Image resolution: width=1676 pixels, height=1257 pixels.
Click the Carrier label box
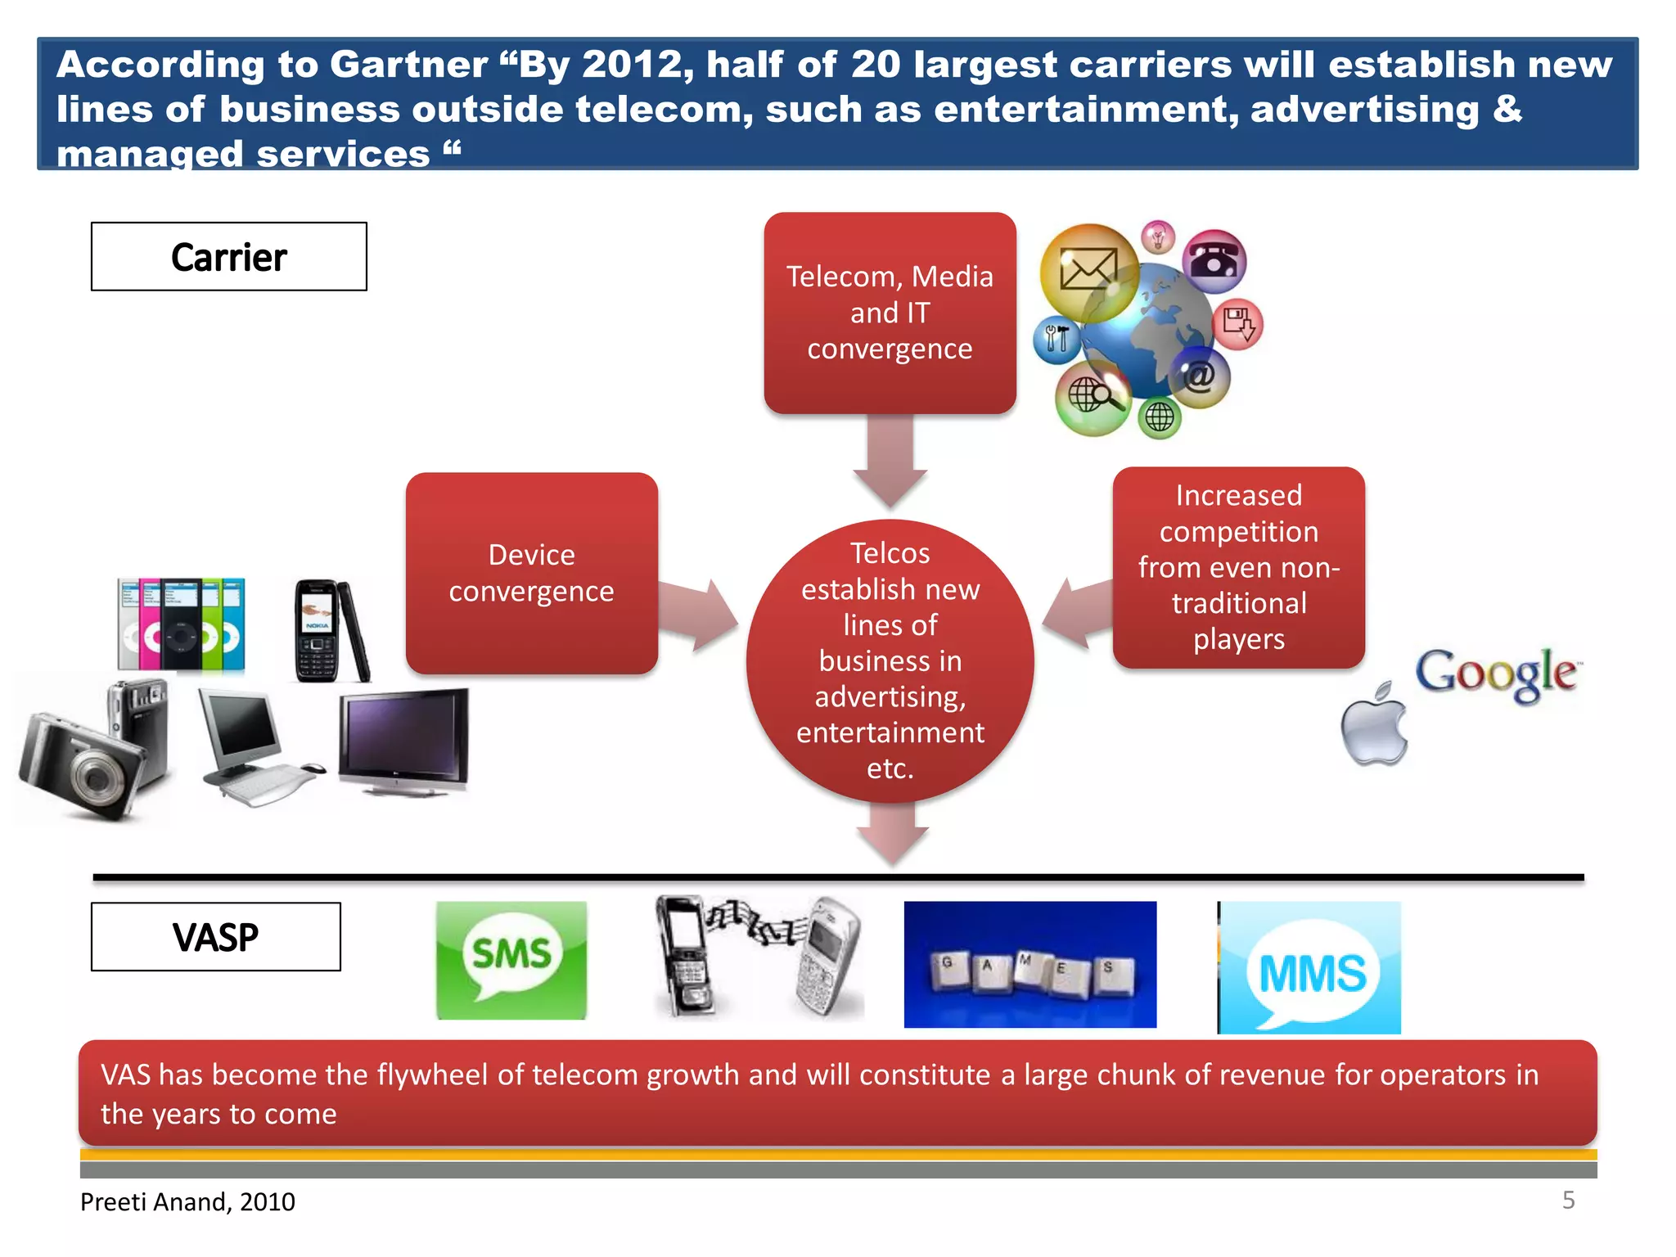point(228,256)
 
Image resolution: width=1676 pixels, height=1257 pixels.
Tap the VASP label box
point(215,936)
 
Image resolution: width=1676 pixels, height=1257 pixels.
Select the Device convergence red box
point(531,573)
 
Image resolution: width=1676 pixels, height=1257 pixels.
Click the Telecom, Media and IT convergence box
point(890,313)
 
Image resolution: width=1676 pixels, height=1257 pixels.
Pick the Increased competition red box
point(1238,567)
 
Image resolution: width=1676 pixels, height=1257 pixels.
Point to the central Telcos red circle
point(890,660)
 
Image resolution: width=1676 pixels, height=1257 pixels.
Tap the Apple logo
point(1374,724)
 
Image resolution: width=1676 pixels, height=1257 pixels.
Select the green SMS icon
point(511,960)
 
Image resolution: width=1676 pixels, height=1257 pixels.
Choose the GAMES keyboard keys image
point(1029,965)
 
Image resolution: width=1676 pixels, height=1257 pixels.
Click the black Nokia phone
point(319,630)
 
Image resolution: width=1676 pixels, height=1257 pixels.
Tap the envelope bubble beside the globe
point(1088,271)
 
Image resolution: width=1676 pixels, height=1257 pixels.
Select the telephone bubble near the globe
point(1214,261)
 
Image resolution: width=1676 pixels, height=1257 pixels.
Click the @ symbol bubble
point(1199,376)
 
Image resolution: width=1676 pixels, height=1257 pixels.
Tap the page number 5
point(1568,1200)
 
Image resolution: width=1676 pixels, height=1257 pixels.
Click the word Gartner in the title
point(408,64)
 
